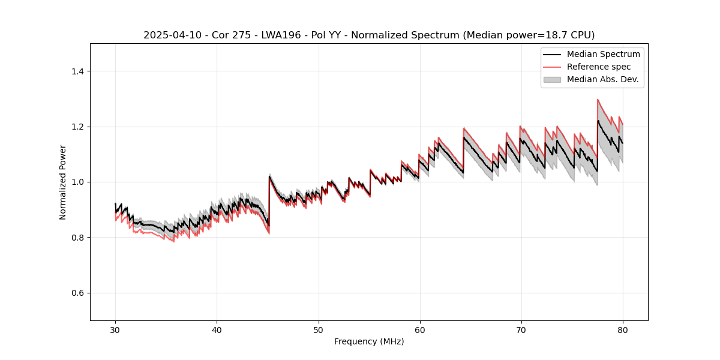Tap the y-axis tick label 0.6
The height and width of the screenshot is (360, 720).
pyautogui.click(x=77, y=293)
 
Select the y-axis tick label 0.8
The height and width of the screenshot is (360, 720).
pyautogui.click(x=77, y=238)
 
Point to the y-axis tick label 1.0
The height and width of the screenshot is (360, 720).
pyautogui.click(x=77, y=182)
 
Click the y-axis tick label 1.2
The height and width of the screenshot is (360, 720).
pyautogui.click(x=77, y=127)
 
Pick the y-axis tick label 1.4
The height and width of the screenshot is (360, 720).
pyautogui.click(x=77, y=71)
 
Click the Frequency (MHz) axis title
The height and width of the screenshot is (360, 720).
pyautogui.click(x=369, y=341)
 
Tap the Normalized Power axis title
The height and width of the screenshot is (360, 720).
pyautogui.click(x=63, y=182)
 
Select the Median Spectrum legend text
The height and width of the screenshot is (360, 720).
pyautogui.click(x=603, y=54)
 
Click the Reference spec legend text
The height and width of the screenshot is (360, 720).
pyautogui.click(x=598, y=67)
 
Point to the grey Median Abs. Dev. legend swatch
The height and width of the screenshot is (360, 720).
pyautogui.click(x=552, y=79)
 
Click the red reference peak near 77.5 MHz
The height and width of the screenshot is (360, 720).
pyautogui.click(x=598, y=100)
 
